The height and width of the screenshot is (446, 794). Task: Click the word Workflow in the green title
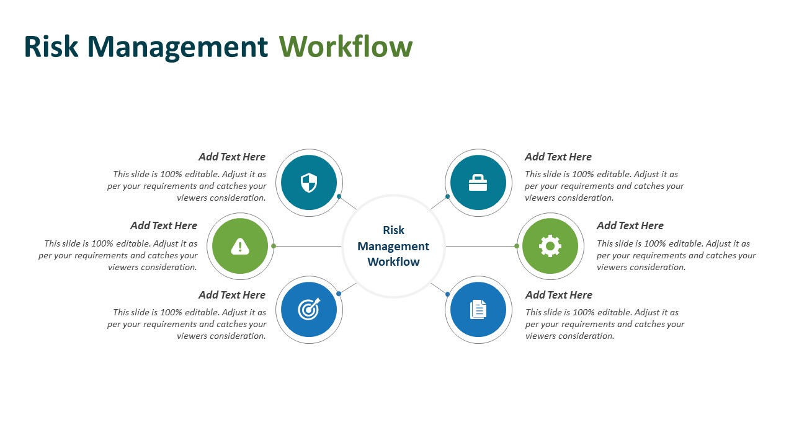[x=346, y=47]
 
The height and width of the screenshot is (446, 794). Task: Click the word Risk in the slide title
[x=51, y=47]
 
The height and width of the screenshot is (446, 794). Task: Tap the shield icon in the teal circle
[x=309, y=183]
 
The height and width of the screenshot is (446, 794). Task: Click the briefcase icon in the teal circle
[x=478, y=183]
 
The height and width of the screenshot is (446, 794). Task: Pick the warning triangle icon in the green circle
[x=240, y=247]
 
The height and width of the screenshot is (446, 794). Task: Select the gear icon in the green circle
[x=550, y=247]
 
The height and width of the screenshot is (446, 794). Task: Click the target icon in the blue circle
[x=309, y=309]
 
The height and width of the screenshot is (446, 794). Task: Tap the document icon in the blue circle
[x=478, y=309]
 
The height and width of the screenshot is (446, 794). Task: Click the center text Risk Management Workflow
[x=393, y=247]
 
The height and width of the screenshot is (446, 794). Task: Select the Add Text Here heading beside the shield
[x=232, y=157]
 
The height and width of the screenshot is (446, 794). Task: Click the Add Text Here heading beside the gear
[x=630, y=226]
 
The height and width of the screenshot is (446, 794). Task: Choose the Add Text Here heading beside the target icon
[x=232, y=295]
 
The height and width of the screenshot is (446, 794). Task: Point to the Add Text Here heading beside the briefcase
[x=558, y=157]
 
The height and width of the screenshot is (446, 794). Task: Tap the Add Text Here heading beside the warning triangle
[x=164, y=226]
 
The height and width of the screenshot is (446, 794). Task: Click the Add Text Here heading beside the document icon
[x=559, y=295]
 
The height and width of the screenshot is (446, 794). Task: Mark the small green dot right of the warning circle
[x=274, y=246]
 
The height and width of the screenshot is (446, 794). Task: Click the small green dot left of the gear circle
[x=517, y=246]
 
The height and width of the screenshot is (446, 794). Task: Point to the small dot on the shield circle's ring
[x=339, y=196]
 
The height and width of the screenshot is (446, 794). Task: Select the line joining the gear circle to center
[x=481, y=246]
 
